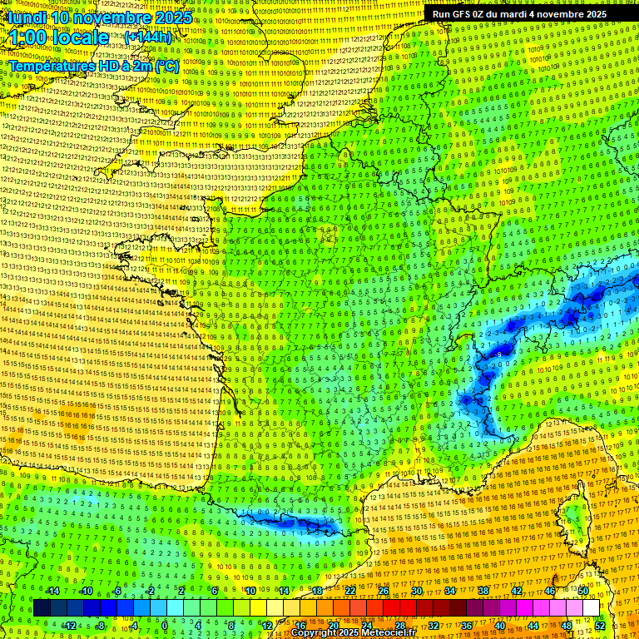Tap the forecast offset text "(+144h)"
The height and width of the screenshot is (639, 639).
148,37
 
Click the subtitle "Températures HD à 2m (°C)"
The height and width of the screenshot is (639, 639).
94,65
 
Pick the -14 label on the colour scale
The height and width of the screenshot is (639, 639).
52,591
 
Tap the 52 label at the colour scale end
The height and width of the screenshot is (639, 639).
600,626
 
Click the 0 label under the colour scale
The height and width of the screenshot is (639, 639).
166,626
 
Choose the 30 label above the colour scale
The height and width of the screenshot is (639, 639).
416,591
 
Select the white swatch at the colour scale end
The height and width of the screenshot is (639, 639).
591,608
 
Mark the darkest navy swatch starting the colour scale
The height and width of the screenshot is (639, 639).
42,608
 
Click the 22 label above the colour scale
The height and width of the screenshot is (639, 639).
350,591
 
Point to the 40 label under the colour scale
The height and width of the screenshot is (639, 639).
499,626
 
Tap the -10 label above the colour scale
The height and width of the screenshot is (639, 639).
85,591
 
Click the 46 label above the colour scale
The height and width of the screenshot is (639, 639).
549,591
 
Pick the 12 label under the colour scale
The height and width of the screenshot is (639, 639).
266,626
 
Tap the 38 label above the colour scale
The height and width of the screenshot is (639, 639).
483,591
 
